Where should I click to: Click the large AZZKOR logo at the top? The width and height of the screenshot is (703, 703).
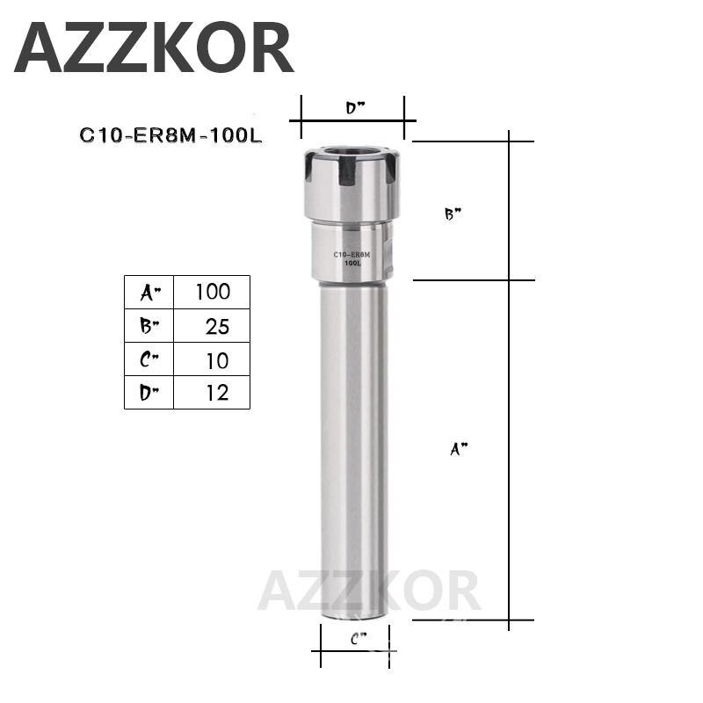click(154, 49)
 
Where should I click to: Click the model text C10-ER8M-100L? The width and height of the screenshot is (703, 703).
click(171, 136)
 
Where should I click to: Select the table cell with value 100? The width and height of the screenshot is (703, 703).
click(212, 292)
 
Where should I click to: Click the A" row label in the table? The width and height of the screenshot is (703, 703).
click(149, 292)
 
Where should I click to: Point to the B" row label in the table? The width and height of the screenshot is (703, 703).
click(149, 326)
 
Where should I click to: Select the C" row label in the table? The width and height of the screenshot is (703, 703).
click(149, 359)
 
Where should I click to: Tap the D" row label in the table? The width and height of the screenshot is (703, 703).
click(149, 393)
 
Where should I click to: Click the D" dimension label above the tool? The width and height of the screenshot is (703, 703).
click(354, 109)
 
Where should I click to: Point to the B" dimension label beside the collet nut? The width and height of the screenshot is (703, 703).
click(453, 214)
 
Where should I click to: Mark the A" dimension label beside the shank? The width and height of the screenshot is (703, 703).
click(459, 449)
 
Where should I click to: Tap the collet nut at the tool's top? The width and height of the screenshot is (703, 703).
click(351, 186)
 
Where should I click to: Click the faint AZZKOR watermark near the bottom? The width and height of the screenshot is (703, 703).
click(369, 591)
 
